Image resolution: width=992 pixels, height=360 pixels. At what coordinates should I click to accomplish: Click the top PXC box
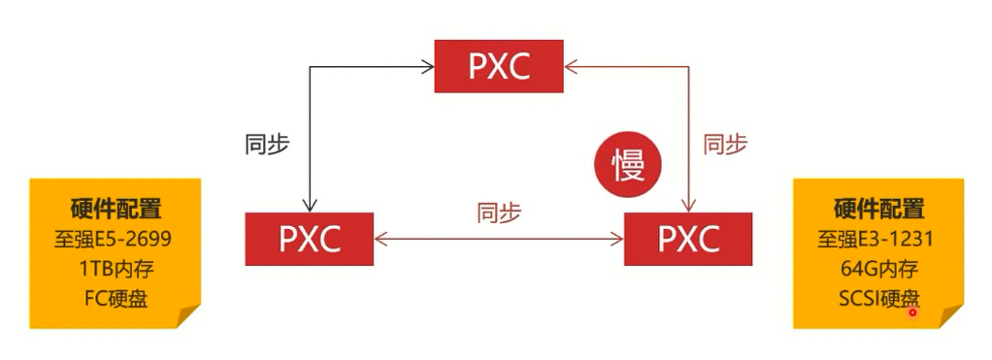[x=498, y=67]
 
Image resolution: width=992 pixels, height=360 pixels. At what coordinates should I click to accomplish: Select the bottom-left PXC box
[x=310, y=239]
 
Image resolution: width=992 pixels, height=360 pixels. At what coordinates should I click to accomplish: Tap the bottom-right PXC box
[x=687, y=239]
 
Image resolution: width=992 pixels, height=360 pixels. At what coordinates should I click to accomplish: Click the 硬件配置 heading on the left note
[x=116, y=209]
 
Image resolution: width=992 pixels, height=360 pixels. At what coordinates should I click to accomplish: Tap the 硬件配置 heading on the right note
[x=878, y=209]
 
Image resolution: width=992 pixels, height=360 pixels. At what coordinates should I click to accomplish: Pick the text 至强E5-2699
[x=116, y=239]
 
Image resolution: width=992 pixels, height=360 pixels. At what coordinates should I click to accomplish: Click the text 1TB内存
[x=116, y=269]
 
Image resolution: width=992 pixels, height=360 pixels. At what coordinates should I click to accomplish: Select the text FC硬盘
[x=116, y=298]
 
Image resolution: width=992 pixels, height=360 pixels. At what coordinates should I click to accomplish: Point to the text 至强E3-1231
[x=878, y=239]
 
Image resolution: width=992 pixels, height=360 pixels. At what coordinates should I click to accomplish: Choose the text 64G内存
[x=878, y=269]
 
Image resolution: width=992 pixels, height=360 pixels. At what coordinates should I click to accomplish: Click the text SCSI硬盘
[x=878, y=298]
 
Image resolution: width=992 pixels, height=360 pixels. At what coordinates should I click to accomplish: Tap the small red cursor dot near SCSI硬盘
[x=912, y=312]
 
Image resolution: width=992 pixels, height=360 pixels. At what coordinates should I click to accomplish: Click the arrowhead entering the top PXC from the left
[x=427, y=67]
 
